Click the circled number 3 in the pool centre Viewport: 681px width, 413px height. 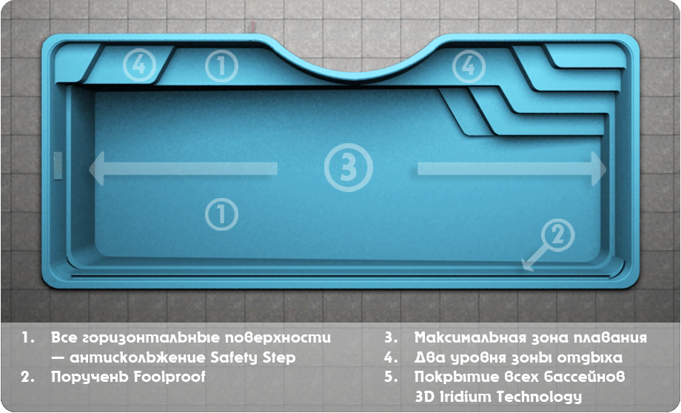(349, 168)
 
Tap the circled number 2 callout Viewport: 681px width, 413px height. (557, 235)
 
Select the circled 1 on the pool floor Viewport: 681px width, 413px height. (221, 214)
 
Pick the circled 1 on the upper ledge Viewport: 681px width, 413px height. (221, 66)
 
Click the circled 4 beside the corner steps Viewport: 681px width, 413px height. (469, 66)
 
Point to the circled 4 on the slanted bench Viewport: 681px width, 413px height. (139, 65)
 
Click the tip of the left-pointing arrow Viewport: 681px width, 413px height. (90, 169)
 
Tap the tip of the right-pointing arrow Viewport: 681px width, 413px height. (605, 169)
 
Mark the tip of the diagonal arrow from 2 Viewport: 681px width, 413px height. (523, 269)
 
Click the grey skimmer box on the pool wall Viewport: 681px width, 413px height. (57, 165)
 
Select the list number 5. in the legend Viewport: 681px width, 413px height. (391, 377)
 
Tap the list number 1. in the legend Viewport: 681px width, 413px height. (28, 337)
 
